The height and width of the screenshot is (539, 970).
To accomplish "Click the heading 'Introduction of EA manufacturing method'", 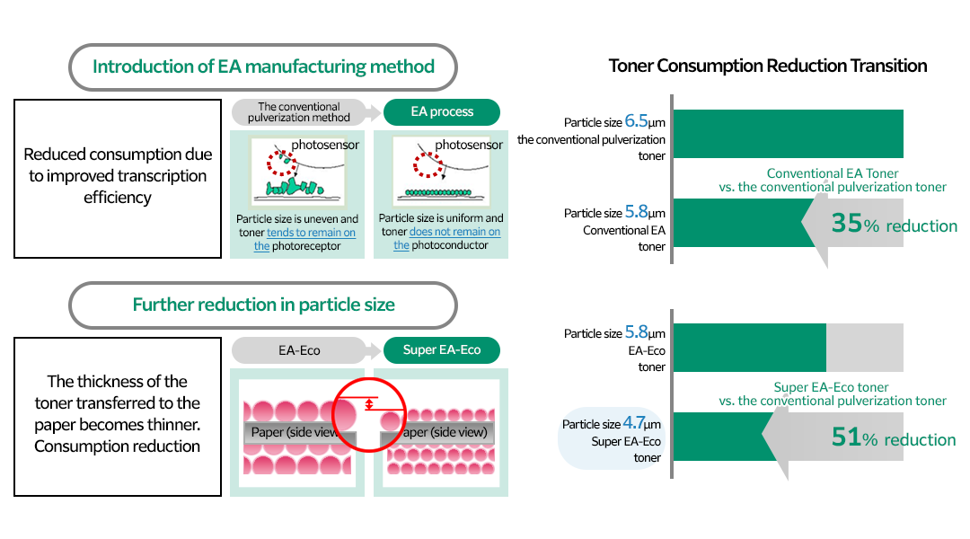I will [x=263, y=66].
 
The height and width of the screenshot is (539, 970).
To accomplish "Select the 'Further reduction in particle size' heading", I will [x=263, y=305].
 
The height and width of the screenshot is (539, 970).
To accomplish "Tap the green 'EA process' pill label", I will [x=441, y=112].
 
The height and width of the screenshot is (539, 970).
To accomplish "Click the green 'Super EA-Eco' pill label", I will [x=441, y=349].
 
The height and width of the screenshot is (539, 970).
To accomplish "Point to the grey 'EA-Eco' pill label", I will [x=298, y=349].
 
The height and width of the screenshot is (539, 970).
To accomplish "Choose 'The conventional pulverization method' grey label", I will [x=298, y=112].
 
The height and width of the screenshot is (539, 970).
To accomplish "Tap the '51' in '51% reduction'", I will [x=846, y=437].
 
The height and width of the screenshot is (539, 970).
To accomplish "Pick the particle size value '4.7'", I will [x=634, y=422].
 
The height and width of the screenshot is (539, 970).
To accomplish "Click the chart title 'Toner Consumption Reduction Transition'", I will [x=768, y=66].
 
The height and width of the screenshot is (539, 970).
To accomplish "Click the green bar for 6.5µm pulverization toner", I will [x=787, y=134].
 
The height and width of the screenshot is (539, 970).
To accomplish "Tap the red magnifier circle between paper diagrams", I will [x=369, y=411].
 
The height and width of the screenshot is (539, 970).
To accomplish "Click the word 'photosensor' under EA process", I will [x=469, y=145].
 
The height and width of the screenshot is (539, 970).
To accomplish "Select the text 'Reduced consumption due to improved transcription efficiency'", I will [x=117, y=176].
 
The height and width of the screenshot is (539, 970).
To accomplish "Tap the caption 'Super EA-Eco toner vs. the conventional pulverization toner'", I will [x=833, y=394].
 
